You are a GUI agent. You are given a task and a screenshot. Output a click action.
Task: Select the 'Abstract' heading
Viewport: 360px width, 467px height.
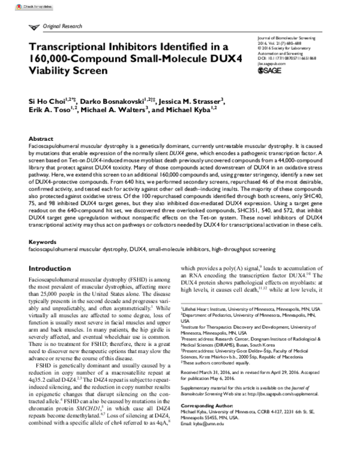[x=41, y=138]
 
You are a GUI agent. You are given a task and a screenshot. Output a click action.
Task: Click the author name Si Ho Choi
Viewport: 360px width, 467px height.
[x=49, y=101]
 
